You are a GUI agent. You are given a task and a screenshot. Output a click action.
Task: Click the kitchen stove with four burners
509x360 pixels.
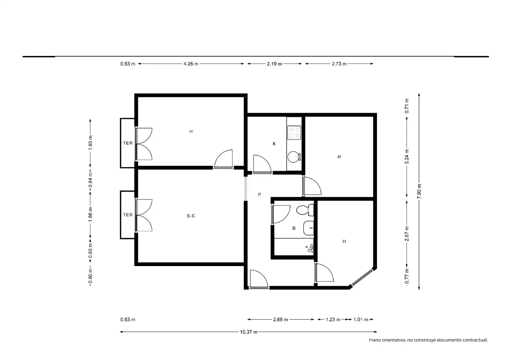click(294, 133)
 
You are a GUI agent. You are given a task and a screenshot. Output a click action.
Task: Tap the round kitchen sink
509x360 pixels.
click(293, 157)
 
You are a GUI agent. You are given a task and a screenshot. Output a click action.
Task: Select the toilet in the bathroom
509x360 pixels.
click(305, 210)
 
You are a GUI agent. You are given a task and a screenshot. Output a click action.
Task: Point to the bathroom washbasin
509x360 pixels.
click(308, 228)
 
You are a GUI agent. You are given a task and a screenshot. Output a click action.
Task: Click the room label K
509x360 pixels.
click(274, 144)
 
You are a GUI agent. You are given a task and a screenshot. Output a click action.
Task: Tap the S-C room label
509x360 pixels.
click(191, 216)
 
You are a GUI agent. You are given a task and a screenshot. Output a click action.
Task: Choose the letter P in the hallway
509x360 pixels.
click(260, 194)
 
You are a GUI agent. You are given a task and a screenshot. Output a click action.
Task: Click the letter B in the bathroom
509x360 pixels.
click(294, 228)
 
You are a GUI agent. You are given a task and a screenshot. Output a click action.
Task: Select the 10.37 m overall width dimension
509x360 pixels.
click(248, 332)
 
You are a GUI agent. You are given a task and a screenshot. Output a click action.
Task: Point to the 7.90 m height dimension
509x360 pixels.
click(419, 191)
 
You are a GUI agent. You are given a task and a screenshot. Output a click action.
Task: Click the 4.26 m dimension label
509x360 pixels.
click(191, 64)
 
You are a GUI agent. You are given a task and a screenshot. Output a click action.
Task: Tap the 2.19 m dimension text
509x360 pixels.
click(274, 64)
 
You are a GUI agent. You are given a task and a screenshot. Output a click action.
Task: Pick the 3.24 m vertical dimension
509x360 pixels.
click(407, 157)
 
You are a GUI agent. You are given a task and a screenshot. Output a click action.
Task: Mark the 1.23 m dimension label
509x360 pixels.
click(333, 320)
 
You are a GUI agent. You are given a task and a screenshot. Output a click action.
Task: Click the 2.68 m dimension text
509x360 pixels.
click(281, 320)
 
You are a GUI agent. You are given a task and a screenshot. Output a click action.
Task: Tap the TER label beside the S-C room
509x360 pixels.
click(128, 215)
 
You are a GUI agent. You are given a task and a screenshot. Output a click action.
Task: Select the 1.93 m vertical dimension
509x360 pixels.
click(90, 143)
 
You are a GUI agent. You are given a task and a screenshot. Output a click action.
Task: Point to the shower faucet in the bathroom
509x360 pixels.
click(310, 248)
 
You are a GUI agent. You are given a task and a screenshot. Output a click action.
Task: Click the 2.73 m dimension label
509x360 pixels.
click(339, 64)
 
